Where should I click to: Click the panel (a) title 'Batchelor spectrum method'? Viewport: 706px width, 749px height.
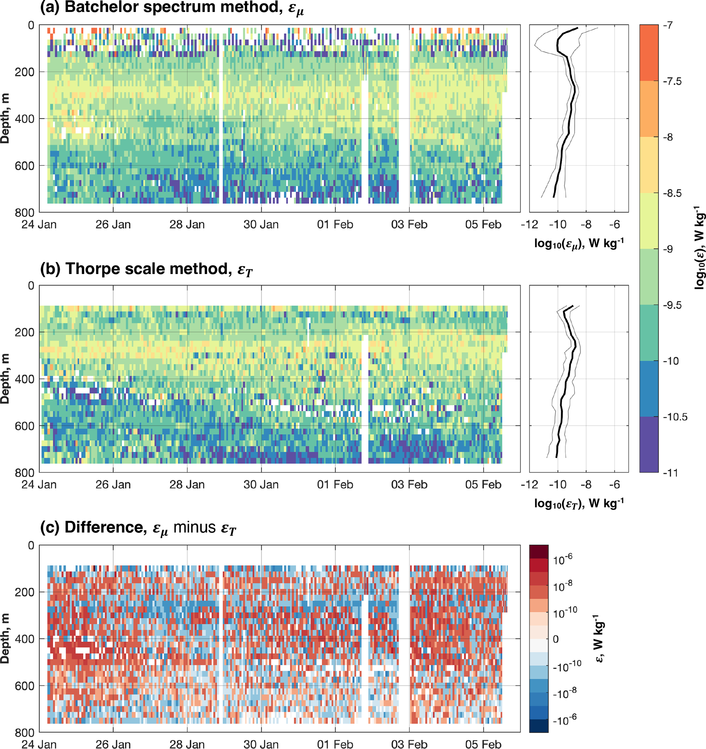[x=171, y=8]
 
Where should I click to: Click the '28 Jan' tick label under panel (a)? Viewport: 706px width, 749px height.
[x=187, y=225]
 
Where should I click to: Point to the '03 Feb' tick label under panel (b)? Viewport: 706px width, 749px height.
[x=409, y=485]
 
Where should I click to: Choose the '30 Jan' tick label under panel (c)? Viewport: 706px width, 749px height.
[x=261, y=744]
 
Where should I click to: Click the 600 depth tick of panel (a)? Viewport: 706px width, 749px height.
[x=25, y=166]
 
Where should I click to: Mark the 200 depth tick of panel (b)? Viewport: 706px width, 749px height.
[x=25, y=332]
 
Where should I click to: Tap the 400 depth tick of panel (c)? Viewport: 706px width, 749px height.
[x=25, y=639]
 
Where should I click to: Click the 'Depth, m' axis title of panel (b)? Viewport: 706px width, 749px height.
[x=5, y=379]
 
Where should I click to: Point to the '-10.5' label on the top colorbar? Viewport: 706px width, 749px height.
[x=675, y=417]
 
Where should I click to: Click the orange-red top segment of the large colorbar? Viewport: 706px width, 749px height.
[x=649, y=53]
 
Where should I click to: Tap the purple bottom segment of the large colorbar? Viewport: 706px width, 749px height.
[x=649, y=445]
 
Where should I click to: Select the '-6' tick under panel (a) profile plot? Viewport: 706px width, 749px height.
[x=615, y=225]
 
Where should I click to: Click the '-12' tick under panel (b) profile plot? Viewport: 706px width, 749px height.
[x=529, y=485]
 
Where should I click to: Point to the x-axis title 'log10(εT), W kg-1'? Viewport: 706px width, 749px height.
[x=579, y=503]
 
